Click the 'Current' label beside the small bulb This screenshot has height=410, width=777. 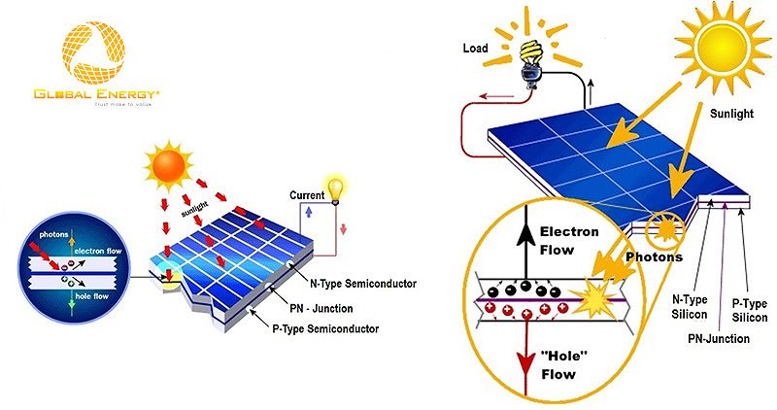click(307, 195)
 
